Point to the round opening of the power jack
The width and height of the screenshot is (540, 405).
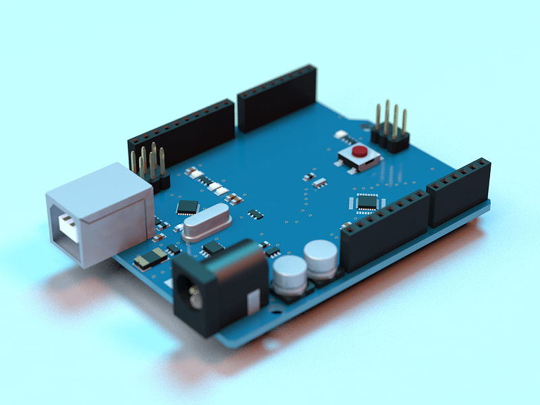click(194, 295)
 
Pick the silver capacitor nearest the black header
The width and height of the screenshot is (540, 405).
click(321, 259)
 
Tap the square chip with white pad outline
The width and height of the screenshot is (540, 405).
click(367, 201)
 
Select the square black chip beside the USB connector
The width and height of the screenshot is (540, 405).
click(188, 207)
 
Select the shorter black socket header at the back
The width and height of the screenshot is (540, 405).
click(277, 98)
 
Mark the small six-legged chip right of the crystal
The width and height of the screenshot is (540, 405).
click(256, 214)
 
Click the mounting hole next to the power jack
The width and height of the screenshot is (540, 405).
click(276, 312)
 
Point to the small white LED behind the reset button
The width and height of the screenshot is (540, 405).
click(341, 134)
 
